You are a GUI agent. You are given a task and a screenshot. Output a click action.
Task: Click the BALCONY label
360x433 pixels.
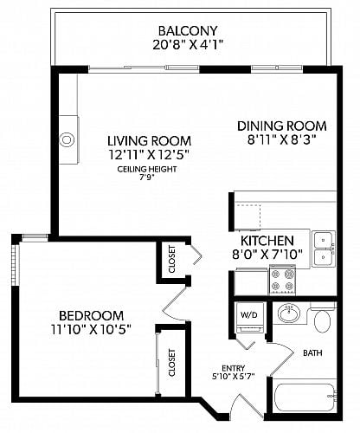point(188,30)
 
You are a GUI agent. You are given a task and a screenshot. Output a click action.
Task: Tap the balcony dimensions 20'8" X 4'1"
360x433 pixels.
point(188,45)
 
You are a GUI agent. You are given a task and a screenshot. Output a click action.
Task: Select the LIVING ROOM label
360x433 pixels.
point(149,141)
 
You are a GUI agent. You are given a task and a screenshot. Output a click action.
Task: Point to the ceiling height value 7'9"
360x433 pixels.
point(146,178)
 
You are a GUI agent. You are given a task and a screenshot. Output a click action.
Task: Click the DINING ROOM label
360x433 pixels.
point(282,126)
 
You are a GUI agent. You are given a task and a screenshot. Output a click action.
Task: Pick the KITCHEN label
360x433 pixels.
point(267,241)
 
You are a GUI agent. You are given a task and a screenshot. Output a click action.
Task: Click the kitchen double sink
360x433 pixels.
point(325,249)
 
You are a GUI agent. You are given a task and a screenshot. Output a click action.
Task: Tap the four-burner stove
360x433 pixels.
point(283,281)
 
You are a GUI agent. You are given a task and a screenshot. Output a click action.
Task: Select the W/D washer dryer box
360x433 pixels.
point(249,318)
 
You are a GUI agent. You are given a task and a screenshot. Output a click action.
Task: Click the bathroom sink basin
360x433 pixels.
point(289,313)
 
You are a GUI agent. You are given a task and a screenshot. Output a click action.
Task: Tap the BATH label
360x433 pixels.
point(312,352)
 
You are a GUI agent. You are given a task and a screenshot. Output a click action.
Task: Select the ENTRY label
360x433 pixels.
point(234,368)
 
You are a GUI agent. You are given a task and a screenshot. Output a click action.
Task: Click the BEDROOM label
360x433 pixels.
point(91,315)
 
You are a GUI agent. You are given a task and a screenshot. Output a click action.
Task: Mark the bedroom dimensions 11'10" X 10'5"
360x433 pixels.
point(91,329)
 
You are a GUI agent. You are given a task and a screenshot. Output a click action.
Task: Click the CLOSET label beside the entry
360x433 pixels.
point(171,363)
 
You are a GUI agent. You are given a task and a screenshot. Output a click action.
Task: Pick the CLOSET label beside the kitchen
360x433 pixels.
point(171,259)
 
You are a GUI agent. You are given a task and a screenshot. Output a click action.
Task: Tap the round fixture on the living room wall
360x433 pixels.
point(67,139)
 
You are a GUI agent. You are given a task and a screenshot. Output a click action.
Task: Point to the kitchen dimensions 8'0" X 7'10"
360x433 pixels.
point(267,255)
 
